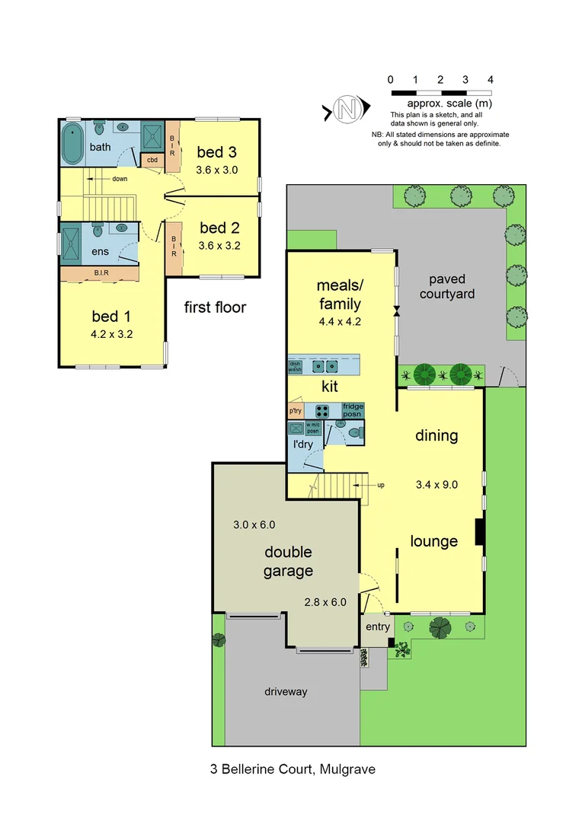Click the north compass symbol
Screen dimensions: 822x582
[347, 112]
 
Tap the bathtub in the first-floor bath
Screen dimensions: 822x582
[73, 145]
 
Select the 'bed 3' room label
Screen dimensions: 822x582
[217, 151]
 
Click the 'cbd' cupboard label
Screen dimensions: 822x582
[152, 160]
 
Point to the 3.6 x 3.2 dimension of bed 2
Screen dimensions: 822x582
[219, 246]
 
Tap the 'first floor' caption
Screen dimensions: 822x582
[216, 307]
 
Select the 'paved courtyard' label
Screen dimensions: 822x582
[447, 286]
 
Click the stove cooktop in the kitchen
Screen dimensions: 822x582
[327, 409]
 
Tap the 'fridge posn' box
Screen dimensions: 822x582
[353, 409]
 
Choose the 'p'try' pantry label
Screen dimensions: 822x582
[296, 411]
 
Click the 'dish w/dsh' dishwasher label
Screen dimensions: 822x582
[296, 366]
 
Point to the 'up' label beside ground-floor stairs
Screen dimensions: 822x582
[380, 484]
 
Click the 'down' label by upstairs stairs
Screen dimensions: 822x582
[120, 180]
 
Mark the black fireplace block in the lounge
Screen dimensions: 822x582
[479, 531]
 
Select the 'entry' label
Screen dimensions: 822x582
[378, 627]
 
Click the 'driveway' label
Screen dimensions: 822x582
[286, 692]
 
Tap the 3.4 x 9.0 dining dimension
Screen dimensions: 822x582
[437, 484]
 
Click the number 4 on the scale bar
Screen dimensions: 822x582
[491, 79]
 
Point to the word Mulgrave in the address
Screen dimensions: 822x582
[347, 769]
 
